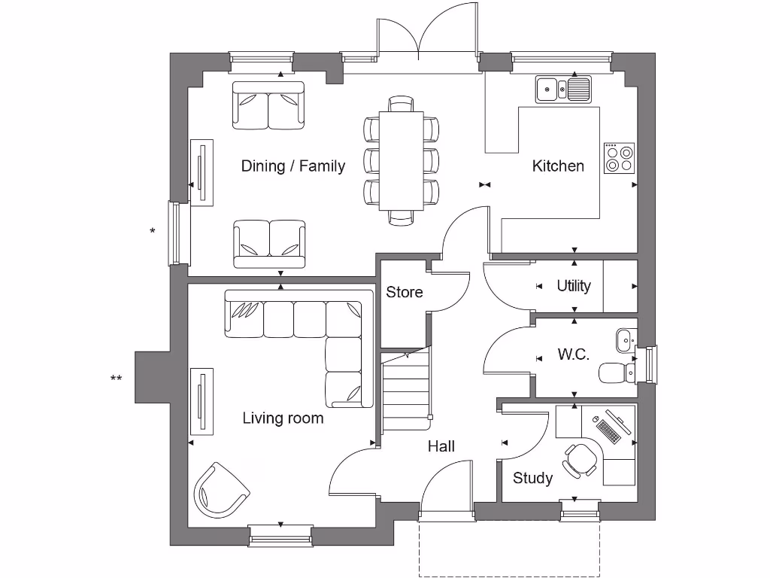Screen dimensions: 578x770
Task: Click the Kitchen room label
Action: [x=558, y=166]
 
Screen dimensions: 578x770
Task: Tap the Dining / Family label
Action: [x=293, y=166]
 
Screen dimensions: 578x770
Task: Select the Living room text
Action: [x=283, y=418]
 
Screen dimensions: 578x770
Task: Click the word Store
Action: [x=405, y=292]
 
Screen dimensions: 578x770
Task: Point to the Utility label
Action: [x=574, y=286]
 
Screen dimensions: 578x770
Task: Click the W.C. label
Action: [x=573, y=354]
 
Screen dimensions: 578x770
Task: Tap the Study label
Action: [x=532, y=478]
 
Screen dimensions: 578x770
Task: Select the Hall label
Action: [x=441, y=446]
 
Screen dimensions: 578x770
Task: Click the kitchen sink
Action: [x=563, y=90]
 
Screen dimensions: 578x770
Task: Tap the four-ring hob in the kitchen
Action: [x=620, y=158]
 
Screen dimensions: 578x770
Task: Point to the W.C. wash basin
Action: [x=625, y=340]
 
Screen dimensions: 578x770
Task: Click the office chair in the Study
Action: [x=580, y=458]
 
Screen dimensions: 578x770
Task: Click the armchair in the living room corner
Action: [x=220, y=489]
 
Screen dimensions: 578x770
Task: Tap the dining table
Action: [x=401, y=160]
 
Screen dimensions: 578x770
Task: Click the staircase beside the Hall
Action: [x=405, y=391]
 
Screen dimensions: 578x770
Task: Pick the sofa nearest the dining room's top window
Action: [x=268, y=106]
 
